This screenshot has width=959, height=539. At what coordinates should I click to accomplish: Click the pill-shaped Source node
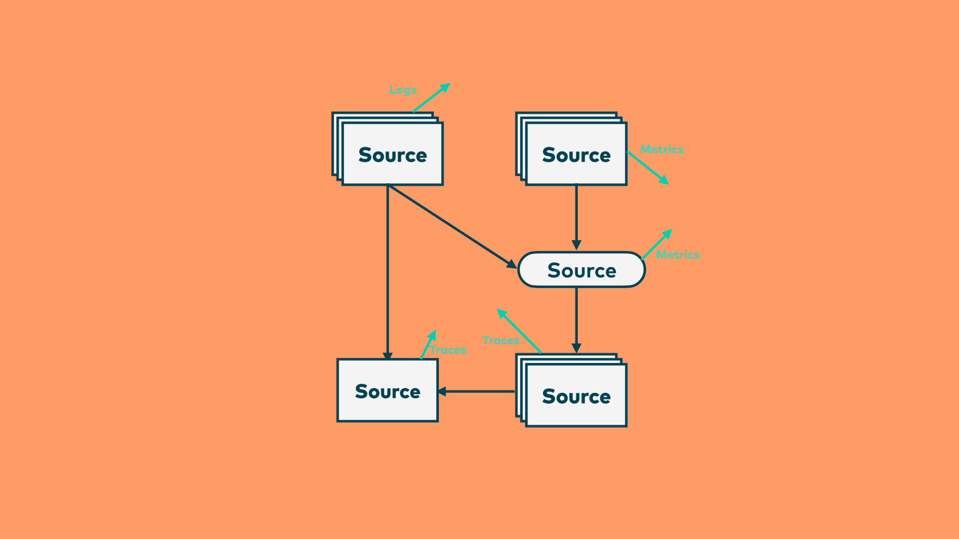[x=581, y=270]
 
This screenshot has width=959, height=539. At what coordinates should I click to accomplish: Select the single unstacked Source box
[x=388, y=390]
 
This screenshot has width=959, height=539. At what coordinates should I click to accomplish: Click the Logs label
[x=402, y=90]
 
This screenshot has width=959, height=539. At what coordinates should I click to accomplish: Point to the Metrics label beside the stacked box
[x=662, y=149]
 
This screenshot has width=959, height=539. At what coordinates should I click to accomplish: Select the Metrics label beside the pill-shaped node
[x=678, y=255]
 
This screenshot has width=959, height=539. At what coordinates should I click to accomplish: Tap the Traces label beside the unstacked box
[x=448, y=350]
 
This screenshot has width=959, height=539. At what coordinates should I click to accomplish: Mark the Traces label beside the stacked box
[x=500, y=340]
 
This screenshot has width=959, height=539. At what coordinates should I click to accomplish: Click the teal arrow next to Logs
[x=431, y=98]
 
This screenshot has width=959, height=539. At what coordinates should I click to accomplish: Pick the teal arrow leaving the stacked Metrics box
[x=647, y=168]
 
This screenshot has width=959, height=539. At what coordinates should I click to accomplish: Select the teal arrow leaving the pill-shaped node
[x=657, y=244]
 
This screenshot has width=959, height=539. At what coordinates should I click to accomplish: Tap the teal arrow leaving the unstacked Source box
[x=428, y=345]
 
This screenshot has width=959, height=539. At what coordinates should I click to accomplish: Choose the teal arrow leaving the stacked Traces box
[x=519, y=331]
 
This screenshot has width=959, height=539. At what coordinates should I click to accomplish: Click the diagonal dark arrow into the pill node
[x=452, y=226]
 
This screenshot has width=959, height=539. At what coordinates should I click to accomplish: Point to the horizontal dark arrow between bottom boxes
[x=477, y=392]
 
